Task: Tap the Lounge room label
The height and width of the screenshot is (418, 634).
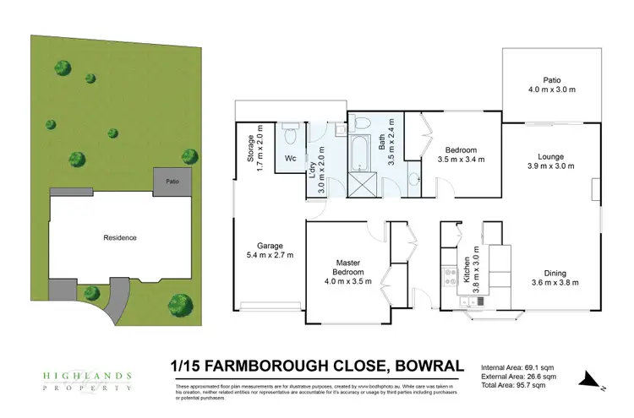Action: tap(550, 156)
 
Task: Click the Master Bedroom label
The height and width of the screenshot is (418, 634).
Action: tap(347, 268)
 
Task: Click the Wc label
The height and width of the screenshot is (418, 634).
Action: tap(289, 158)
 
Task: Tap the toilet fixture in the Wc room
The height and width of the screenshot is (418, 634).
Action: tap(290, 133)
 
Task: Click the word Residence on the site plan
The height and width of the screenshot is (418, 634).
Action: tap(119, 237)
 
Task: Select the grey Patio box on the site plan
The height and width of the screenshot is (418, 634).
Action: tap(172, 180)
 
